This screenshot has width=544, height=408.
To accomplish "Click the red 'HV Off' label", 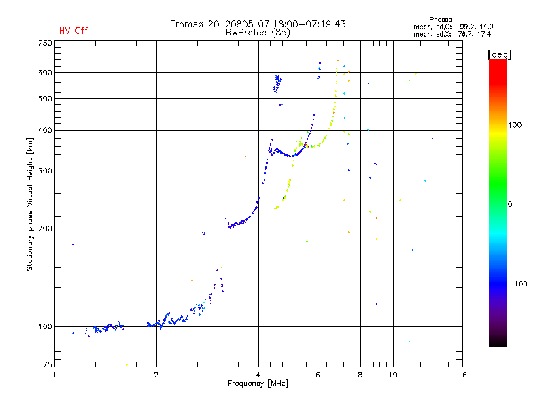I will [73, 31].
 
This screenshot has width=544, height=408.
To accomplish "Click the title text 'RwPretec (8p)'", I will [258, 32].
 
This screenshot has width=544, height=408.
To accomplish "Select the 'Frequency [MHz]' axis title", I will [258, 384].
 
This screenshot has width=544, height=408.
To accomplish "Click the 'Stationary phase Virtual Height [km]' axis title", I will [30, 204].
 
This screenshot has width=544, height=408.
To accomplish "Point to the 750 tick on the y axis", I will [44, 42].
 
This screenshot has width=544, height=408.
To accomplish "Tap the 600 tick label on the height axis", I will [44, 72].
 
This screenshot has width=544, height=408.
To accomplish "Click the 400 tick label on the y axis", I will [44, 130].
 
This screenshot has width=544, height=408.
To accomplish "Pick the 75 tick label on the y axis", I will [46, 366].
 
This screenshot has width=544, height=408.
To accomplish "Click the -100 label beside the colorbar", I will [517, 284].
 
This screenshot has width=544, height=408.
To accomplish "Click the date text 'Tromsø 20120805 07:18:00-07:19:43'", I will [258, 24].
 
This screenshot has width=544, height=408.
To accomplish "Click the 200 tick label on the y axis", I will [44, 228].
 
